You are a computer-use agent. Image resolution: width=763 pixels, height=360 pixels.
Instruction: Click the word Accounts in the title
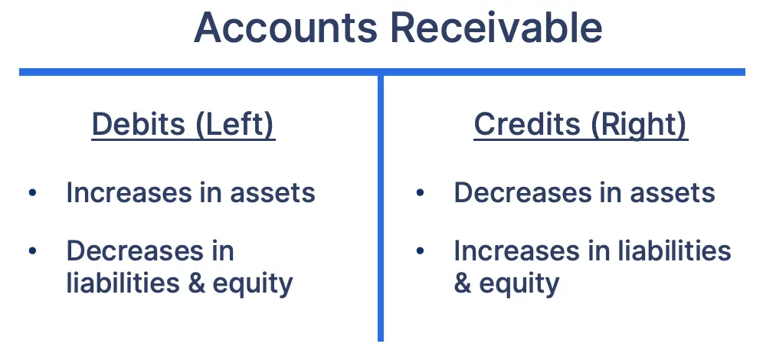[284, 28]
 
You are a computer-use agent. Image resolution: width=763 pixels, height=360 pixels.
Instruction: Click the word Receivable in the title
[496, 28]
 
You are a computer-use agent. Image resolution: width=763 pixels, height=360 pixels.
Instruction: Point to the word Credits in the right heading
[526, 125]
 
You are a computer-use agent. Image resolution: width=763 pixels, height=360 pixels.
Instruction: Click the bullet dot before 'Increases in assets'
[32, 193]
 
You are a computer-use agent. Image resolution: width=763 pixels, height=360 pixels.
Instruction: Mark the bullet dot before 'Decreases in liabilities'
[32, 251]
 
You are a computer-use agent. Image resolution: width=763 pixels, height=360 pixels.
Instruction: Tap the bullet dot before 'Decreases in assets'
[419, 193]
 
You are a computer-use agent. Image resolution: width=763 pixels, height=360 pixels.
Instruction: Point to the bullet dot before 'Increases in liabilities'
[419, 251]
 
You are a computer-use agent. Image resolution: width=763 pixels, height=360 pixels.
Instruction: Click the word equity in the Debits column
[253, 284]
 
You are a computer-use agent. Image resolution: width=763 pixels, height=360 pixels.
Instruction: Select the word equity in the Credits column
[519, 284]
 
